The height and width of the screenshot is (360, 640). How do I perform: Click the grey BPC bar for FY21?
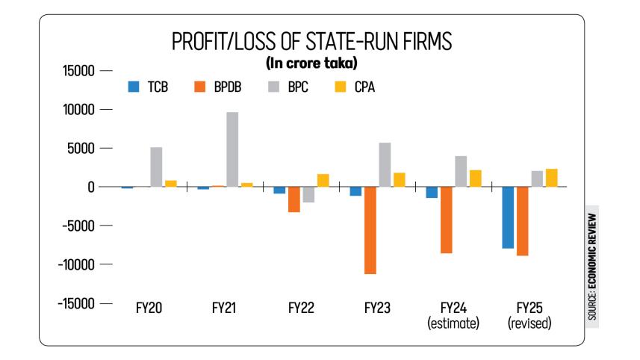pos(232,149)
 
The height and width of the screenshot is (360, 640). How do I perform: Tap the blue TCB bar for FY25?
pos(508,217)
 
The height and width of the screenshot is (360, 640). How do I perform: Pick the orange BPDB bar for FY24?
pos(447,220)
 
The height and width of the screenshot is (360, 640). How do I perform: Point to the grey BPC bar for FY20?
pos(156,167)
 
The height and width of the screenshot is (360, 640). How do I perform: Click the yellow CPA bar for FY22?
pos(323,180)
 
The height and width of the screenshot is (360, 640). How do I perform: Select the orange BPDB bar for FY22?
pos(293,199)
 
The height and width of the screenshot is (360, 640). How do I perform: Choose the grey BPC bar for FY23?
pos(385,164)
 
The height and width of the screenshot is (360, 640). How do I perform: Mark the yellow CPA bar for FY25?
pos(552,178)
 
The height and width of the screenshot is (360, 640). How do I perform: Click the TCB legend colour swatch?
pos(134,86)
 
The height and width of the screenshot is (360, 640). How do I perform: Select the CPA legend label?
pos(365,87)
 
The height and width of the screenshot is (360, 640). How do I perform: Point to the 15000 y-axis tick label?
pos(76,71)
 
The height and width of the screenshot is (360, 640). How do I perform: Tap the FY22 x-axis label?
pos(301,308)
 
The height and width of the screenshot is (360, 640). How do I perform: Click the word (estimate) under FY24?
pos(453,323)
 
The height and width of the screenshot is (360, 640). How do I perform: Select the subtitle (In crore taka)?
pos(311,63)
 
